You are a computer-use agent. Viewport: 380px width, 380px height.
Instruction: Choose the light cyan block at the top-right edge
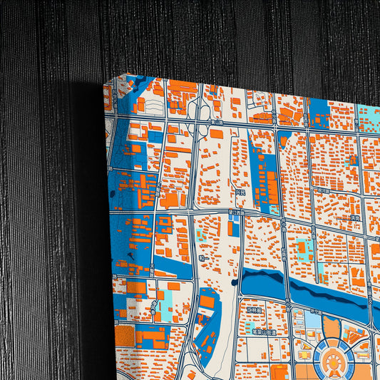click(369, 114)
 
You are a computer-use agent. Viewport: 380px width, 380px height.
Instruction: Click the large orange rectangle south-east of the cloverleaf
click(217, 133)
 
